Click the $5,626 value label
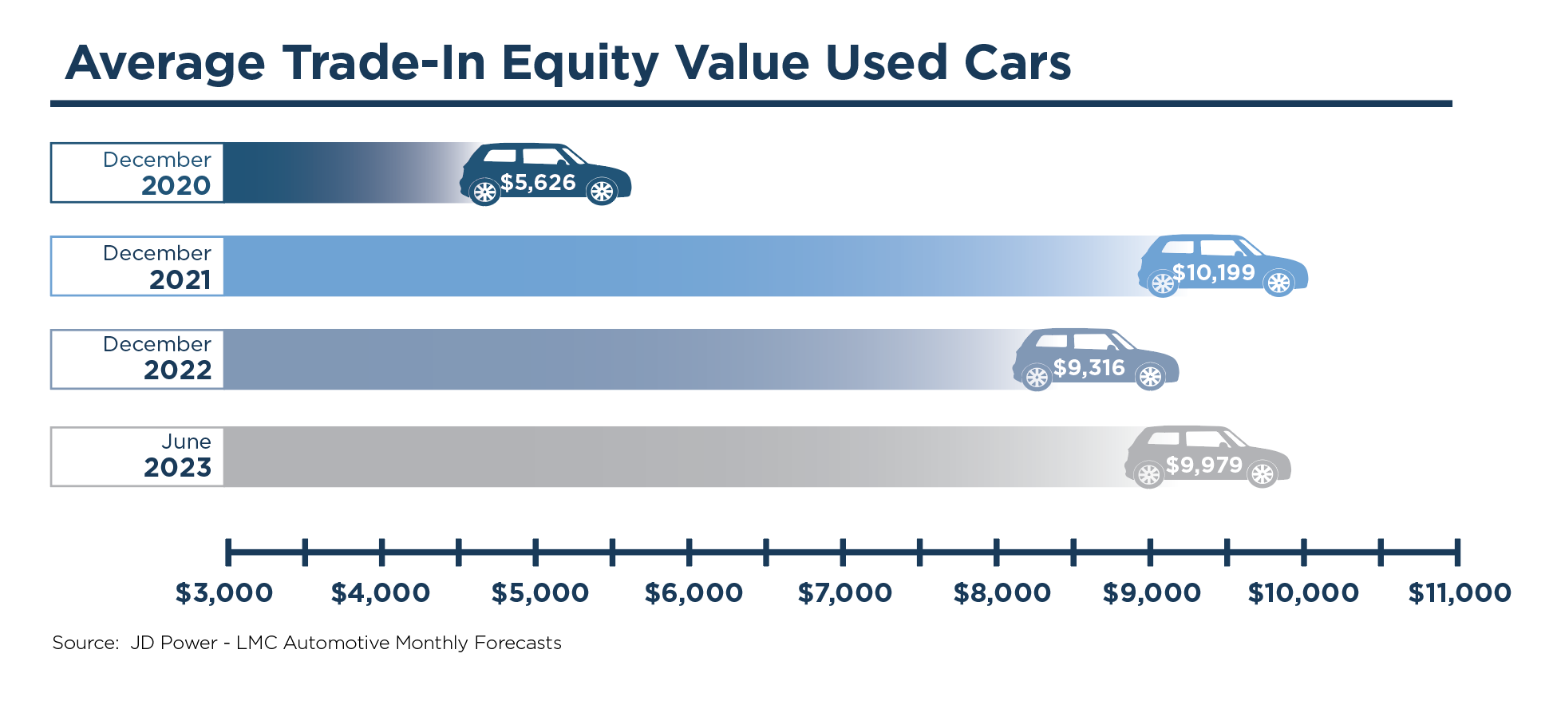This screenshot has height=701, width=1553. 538,183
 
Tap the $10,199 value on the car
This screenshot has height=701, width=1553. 1213,273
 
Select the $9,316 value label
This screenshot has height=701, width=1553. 1089,368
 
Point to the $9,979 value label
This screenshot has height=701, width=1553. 1203,465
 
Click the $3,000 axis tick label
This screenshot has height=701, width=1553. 224,593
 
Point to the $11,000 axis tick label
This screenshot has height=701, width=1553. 1460,593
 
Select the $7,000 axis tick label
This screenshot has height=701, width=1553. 845,593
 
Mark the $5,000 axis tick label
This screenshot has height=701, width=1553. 540,593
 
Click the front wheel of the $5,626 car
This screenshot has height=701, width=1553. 601,192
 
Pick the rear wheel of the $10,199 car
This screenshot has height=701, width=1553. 1163,283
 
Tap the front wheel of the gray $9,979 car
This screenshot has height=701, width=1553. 1263,475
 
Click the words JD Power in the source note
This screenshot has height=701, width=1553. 173,643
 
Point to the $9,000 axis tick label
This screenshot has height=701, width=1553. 1152,593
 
